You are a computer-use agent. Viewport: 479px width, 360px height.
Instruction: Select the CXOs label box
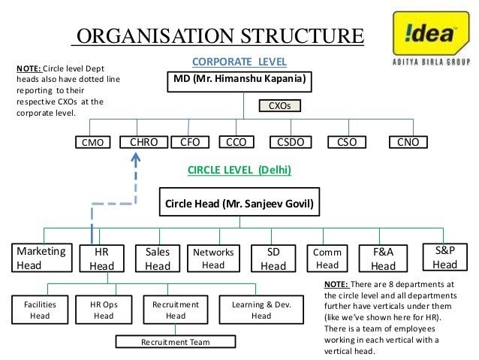[279, 107]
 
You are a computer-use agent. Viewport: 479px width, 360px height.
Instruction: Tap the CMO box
[94, 142]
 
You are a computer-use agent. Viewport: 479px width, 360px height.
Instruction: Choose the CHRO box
[143, 141]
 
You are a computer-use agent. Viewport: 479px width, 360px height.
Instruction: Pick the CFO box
[191, 141]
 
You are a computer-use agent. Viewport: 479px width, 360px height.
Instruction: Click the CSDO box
[291, 141]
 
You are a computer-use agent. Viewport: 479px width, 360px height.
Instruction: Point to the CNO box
[408, 141]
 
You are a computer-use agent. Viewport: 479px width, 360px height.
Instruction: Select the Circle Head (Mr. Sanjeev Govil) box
[239, 204]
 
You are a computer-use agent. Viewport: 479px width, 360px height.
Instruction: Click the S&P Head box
[444, 257]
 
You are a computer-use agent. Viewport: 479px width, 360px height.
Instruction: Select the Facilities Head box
[40, 310]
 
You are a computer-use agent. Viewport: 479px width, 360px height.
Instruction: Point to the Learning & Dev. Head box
[261, 310]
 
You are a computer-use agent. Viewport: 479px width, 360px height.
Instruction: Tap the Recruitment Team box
[176, 343]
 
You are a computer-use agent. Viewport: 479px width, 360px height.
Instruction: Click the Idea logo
[427, 38]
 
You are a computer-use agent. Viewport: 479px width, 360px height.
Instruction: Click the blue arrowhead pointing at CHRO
[136, 159]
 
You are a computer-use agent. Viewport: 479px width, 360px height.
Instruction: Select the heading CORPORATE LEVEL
[239, 61]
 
